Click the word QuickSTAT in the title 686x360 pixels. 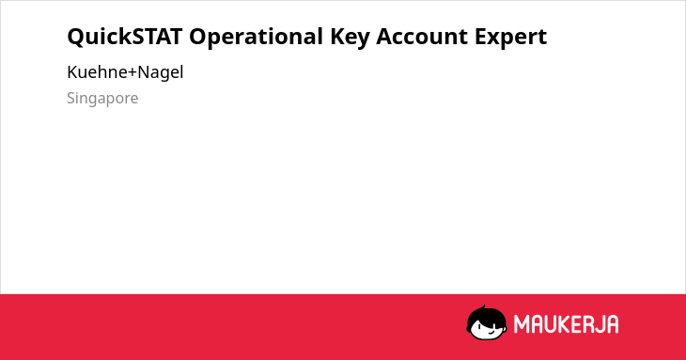click(125, 37)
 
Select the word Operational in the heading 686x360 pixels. click(257, 38)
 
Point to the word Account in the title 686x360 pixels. click(422, 37)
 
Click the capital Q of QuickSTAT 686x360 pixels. click(76, 38)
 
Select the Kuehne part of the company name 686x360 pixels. click(97, 72)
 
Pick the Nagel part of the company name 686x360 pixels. click(161, 72)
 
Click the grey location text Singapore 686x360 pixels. click(102, 99)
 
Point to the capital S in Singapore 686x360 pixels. click(71, 98)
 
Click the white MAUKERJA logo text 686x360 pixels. click(566, 324)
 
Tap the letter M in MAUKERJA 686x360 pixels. click(522, 324)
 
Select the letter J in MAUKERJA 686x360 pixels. click(596, 324)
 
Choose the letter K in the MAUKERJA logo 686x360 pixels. click(561, 324)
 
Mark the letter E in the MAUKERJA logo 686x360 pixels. click(572, 324)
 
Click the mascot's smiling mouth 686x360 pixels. click(490, 332)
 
